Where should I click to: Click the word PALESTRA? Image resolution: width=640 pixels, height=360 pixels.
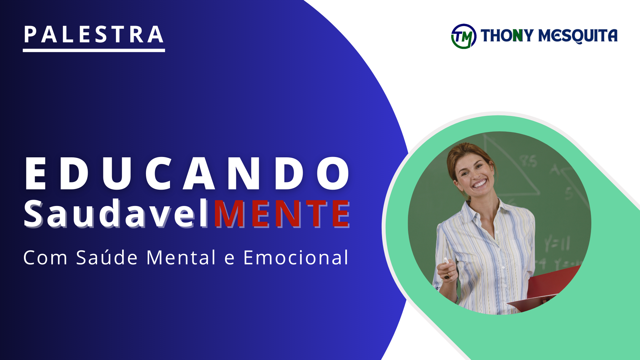click(94, 35)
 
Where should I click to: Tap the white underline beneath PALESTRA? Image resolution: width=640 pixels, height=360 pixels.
click(94, 50)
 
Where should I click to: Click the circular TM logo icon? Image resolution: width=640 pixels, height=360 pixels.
click(463, 36)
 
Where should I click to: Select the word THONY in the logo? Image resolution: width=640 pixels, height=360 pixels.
click(507, 35)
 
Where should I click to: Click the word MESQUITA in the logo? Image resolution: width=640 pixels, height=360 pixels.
click(578, 36)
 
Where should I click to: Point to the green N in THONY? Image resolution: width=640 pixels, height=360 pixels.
click(518, 35)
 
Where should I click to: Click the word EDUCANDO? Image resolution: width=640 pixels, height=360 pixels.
click(187, 174)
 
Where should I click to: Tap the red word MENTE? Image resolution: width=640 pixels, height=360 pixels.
click(282, 214)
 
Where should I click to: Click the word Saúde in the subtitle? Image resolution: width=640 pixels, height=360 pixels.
click(107, 258)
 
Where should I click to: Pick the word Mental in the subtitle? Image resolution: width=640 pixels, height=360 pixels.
click(181, 258)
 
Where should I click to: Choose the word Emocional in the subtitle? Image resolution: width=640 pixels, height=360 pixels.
click(296, 258)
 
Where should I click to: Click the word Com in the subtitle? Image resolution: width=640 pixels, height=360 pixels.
click(45, 258)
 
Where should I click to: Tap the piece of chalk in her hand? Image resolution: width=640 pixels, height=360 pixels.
click(446, 260)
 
